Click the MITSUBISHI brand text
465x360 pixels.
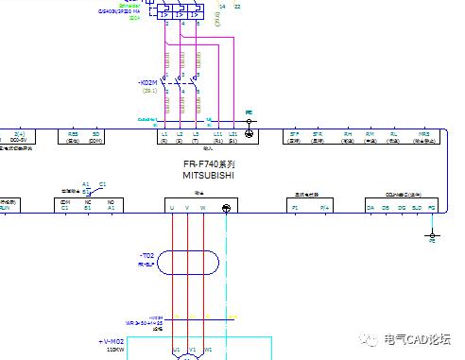pyautogui.click(x=208, y=175)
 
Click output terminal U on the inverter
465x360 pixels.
pyautogui.click(x=172, y=208)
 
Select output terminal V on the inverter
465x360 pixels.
pyautogui.click(x=188, y=208)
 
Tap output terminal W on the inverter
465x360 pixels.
pyautogui.click(x=203, y=208)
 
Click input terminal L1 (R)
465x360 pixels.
pyautogui.click(x=164, y=136)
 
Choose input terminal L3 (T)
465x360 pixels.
pyautogui.click(x=196, y=136)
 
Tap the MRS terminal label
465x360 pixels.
pyautogui.click(x=424, y=135)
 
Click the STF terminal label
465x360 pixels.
pyautogui.click(x=295, y=135)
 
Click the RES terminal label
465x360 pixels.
pyautogui.click(x=74, y=135)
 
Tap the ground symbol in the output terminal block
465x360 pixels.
pyautogui.click(x=226, y=208)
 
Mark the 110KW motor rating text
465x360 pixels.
pyautogui.click(x=112, y=349)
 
